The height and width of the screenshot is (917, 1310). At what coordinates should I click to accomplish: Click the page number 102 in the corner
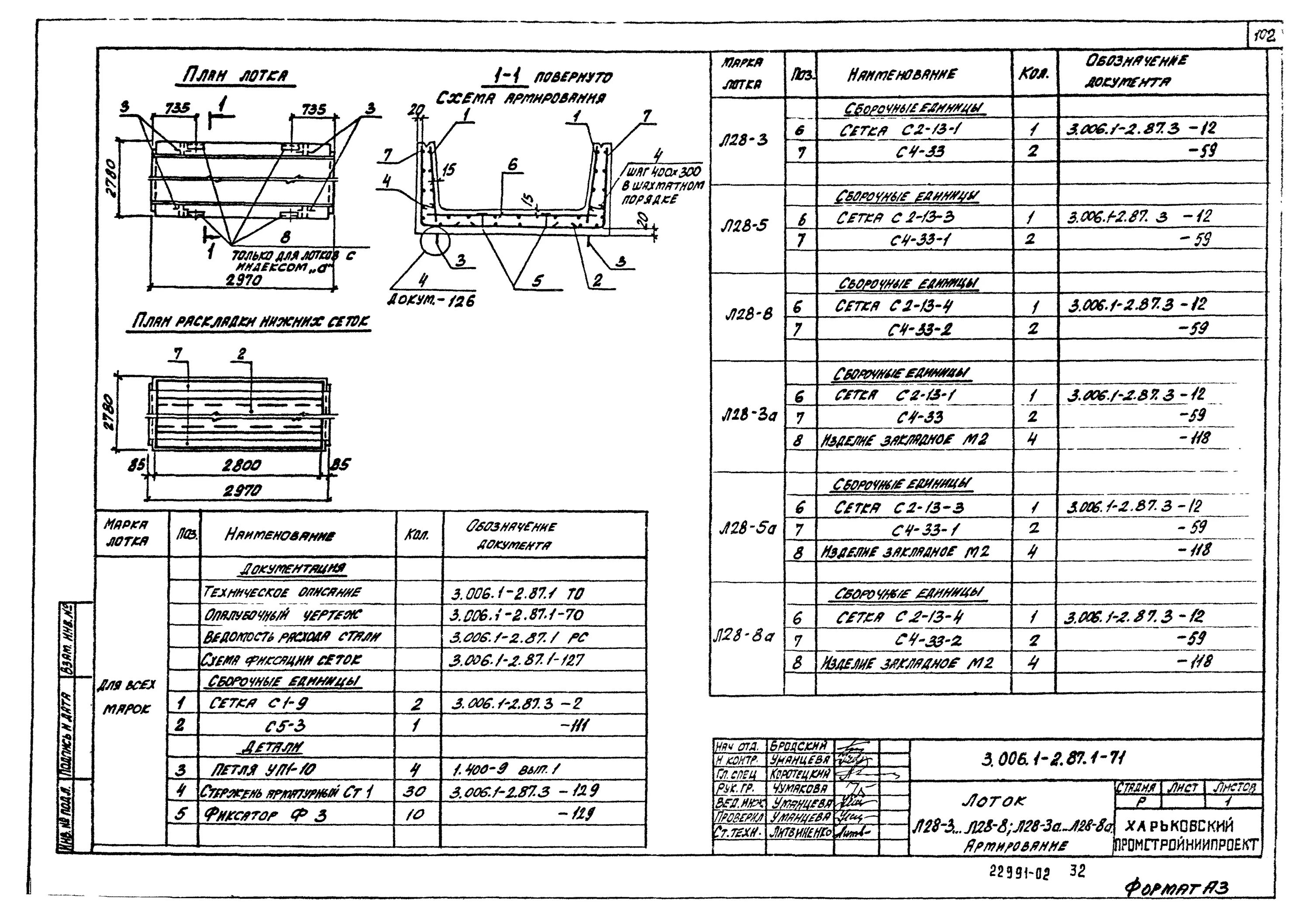click(1264, 38)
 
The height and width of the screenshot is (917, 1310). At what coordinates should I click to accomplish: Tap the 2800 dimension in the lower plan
click(241, 465)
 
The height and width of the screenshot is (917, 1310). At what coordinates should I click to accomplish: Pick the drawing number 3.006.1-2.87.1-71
click(1053, 759)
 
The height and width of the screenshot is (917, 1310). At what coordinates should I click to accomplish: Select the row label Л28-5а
click(746, 529)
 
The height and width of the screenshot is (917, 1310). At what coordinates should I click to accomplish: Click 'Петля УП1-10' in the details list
click(263, 770)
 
